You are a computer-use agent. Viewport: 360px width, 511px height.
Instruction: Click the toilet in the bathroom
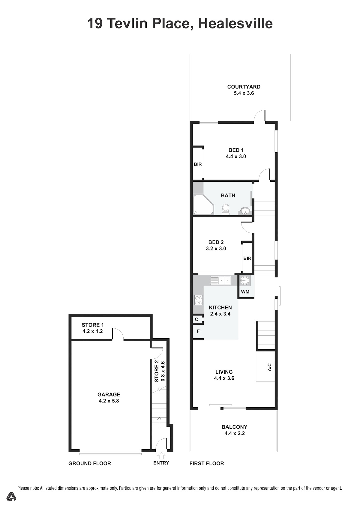pyautogui.click(x=226, y=209)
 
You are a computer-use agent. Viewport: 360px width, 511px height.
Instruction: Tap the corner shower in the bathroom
pyautogui.click(x=203, y=205)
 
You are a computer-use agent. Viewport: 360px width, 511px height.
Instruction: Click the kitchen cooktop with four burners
pyautogui.click(x=198, y=300)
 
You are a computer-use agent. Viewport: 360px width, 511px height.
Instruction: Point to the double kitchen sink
pyautogui.click(x=220, y=280)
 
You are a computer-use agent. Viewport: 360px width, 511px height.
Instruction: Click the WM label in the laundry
pyautogui.click(x=245, y=291)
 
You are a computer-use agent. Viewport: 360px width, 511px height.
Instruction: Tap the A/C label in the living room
pyautogui.click(x=269, y=367)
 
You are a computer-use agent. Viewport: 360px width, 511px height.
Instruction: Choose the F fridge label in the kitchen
pyautogui.click(x=198, y=331)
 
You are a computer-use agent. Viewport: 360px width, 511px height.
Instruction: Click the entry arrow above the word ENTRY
pyautogui.click(x=161, y=456)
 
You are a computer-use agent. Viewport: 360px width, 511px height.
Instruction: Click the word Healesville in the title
pyautogui.click(x=235, y=23)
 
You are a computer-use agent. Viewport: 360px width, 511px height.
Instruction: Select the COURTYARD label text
pyautogui.click(x=244, y=87)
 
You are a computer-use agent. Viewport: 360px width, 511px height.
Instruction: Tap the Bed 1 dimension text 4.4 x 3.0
pyautogui.click(x=236, y=157)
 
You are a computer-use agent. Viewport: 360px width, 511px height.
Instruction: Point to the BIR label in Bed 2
pyautogui.click(x=247, y=258)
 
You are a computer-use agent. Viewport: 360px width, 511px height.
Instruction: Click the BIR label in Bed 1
pyautogui.click(x=198, y=164)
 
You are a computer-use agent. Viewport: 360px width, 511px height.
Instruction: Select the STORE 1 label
pyautogui.click(x=93, y=325)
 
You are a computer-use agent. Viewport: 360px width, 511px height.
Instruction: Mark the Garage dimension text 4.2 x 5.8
pyautogui.click(x=109, y=401)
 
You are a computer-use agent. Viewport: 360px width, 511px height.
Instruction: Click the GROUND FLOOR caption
pyautogui.click(x=90, y=463)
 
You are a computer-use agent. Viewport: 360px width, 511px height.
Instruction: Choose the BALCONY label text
pyautogui.click(x=234, y=427)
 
